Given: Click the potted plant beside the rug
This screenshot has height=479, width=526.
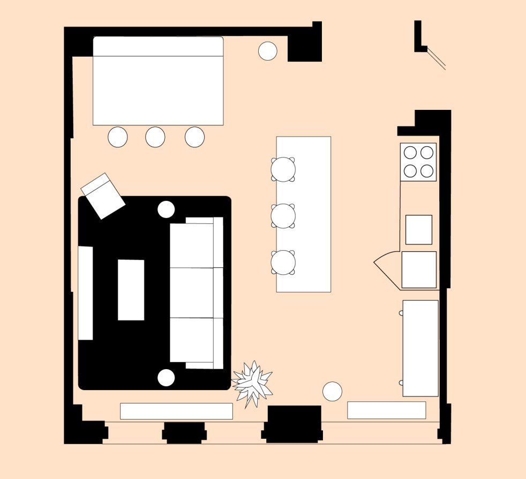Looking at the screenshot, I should point(252,383).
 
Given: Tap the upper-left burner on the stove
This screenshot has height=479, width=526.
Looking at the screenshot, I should point(410,152).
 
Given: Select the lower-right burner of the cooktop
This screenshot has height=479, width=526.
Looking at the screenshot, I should point(427,171).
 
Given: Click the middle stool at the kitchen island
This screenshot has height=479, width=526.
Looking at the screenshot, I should point(283,216).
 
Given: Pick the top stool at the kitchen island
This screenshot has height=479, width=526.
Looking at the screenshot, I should point(283,169).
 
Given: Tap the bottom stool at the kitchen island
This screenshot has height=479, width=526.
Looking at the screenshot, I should point(283,263).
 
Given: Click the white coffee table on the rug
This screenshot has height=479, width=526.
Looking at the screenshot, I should point(131,290).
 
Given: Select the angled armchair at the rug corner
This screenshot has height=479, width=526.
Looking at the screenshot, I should point(103,196).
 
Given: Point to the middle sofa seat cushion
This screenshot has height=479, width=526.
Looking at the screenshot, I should point(192,293).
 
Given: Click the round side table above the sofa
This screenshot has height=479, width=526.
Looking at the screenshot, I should point(166,209).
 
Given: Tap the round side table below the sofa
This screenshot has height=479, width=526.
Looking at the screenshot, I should point(166,377).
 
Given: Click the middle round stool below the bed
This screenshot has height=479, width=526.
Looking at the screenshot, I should point(155,137).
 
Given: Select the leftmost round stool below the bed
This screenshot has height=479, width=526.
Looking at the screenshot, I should point(117,137).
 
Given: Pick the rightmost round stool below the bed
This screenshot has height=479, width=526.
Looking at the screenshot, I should point(194,137).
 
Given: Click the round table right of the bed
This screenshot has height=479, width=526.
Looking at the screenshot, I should point(267,51).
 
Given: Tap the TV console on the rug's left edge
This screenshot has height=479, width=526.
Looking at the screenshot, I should point(86,293).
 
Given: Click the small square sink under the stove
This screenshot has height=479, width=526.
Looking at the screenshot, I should point(418,229).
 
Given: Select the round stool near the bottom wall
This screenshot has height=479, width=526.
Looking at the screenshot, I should point(332,391).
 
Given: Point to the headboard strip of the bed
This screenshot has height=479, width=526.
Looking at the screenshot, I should point(158,46).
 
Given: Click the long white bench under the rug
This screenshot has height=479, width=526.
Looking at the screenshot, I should point(176,411).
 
